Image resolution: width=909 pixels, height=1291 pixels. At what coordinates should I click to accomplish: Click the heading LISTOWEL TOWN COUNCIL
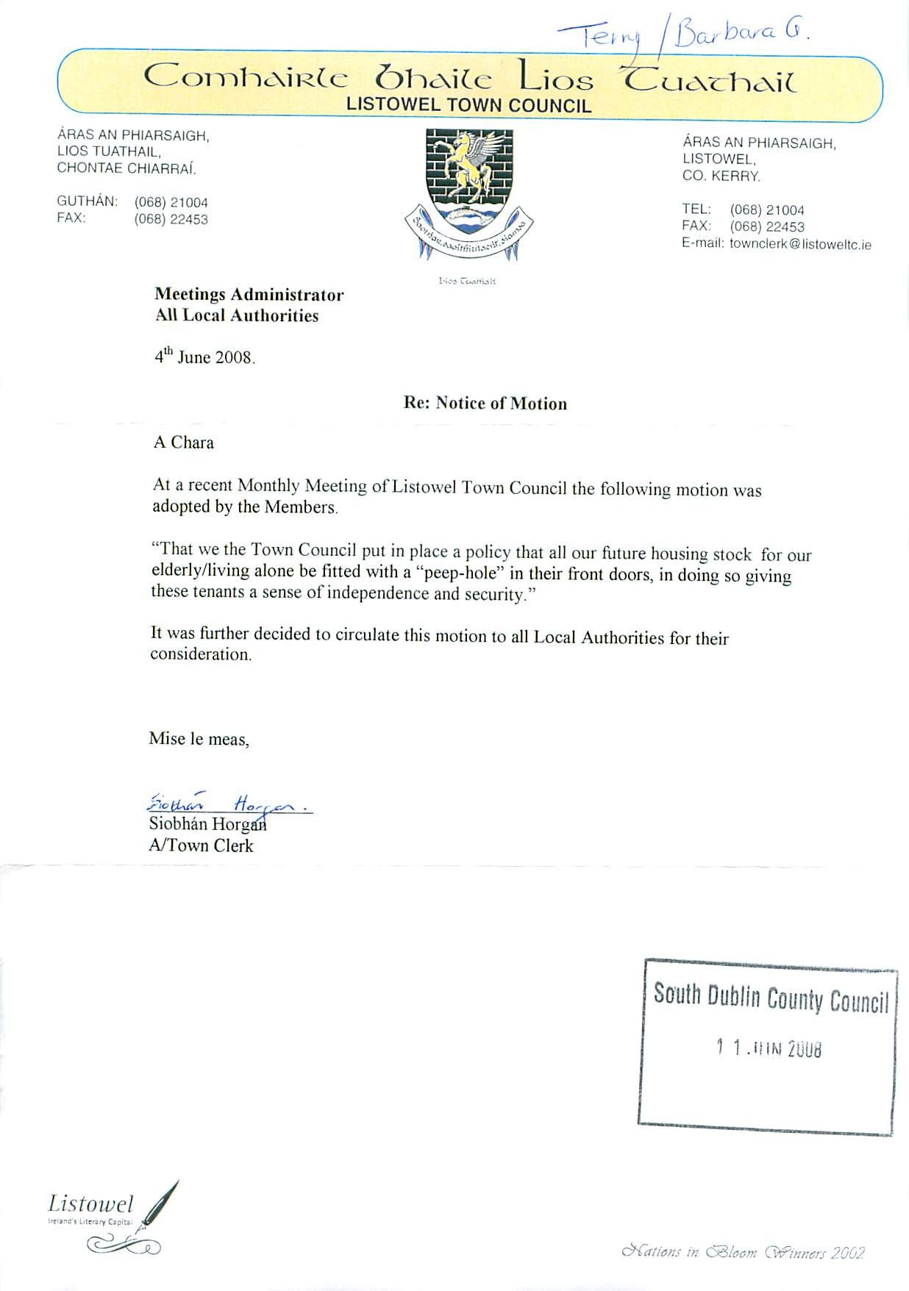[468, 105]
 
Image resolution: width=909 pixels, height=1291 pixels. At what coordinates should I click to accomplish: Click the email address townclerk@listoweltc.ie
[800, 244]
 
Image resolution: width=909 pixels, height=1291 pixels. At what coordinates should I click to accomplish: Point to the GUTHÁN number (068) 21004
[171, 202]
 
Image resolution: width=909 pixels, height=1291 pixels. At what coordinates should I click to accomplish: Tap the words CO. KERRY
[721, 176]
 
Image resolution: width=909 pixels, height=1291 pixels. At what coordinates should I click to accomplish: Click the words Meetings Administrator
[249, 295]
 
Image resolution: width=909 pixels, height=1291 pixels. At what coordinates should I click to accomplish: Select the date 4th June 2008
[204, 357]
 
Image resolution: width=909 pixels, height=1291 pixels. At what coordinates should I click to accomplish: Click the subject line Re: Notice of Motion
[485, 403]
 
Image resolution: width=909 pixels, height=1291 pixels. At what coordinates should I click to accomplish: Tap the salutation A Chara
[183, 443]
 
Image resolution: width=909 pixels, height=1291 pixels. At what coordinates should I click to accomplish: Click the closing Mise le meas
[199, 739]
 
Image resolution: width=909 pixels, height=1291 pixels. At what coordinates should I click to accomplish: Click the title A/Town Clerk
[201, 845]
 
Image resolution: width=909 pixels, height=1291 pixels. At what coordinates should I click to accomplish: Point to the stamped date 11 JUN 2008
[769, 1048]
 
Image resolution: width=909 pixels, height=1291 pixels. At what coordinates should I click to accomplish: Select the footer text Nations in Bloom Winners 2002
[743, 1252]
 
